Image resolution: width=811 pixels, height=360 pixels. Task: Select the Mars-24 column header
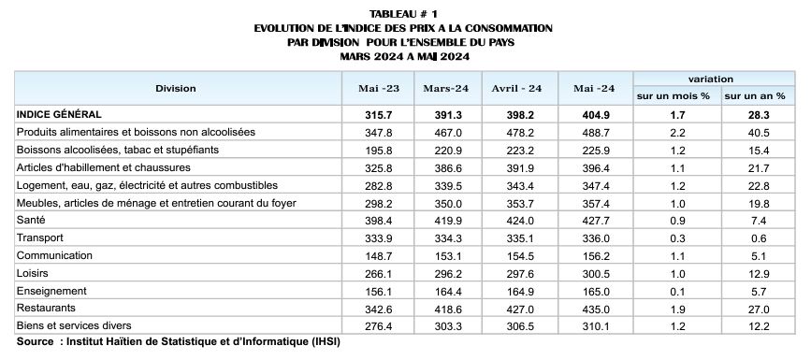(445, 88)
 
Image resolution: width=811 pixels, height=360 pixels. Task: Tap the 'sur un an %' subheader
(755, 96)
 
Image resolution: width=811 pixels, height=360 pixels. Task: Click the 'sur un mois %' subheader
(673, 96)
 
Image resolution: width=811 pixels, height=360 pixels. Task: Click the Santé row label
(32, 220)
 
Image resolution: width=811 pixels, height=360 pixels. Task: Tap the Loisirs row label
(34, 272)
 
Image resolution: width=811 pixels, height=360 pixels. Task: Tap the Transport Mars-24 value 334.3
(445, 238)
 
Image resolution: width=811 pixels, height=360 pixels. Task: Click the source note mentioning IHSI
(178, 342)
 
